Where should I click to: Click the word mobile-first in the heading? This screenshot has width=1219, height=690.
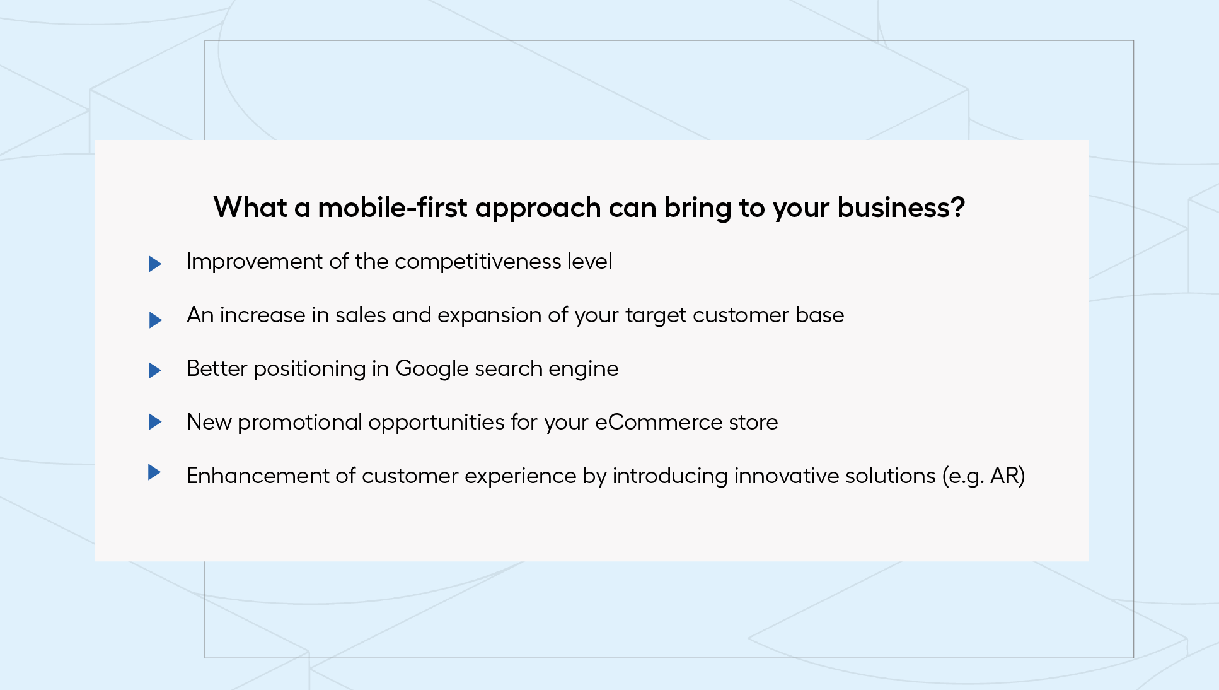point(393,208)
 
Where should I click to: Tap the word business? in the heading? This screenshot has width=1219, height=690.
point(901,208)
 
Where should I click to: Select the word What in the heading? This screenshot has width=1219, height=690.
point(250,208)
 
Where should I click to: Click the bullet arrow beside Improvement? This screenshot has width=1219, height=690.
point(155,264)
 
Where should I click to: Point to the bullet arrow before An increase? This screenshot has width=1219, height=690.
point(155,320)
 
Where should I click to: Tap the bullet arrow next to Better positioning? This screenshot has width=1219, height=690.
point(155,370)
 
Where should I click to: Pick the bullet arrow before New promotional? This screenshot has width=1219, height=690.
point(155,421)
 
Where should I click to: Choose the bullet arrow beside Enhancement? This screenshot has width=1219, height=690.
point(154,472)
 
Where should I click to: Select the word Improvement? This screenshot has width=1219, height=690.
point(255,262)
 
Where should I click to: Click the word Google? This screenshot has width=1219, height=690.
point(432,369)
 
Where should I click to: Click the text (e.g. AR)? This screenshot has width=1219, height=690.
point(984,476)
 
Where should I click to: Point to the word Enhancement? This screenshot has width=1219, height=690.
point(258,476)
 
